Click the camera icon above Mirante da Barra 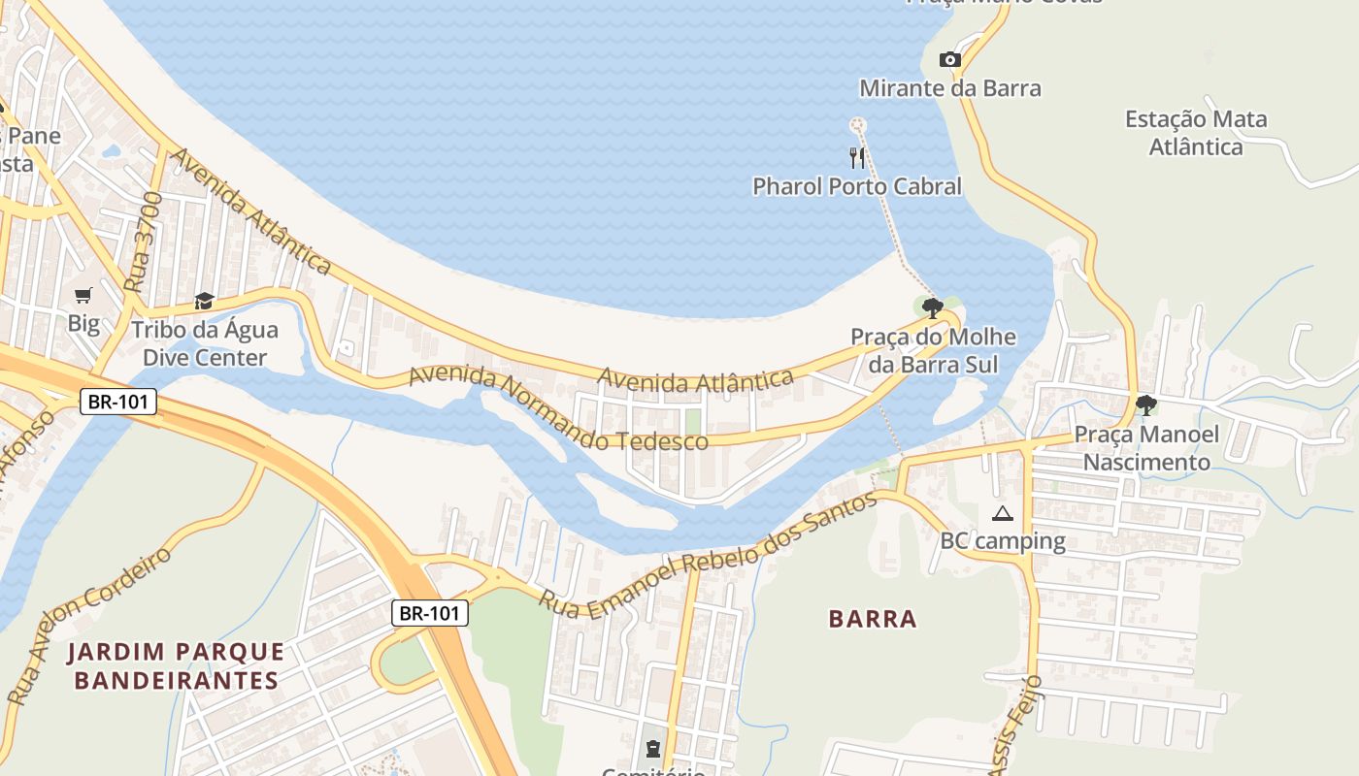950,60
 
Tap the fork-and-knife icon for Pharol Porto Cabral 857,157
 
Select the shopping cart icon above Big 83,295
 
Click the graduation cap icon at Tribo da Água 204,301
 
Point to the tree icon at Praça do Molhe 933,308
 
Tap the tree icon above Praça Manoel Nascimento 1145,404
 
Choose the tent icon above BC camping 1003,513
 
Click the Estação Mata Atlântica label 1196,133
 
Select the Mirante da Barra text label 949,88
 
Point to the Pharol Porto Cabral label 857,186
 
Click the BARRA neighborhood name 873,619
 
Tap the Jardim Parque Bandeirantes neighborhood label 176,665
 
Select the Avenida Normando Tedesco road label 558,411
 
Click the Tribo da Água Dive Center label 204,343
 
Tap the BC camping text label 1003,540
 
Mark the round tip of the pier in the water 857,124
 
